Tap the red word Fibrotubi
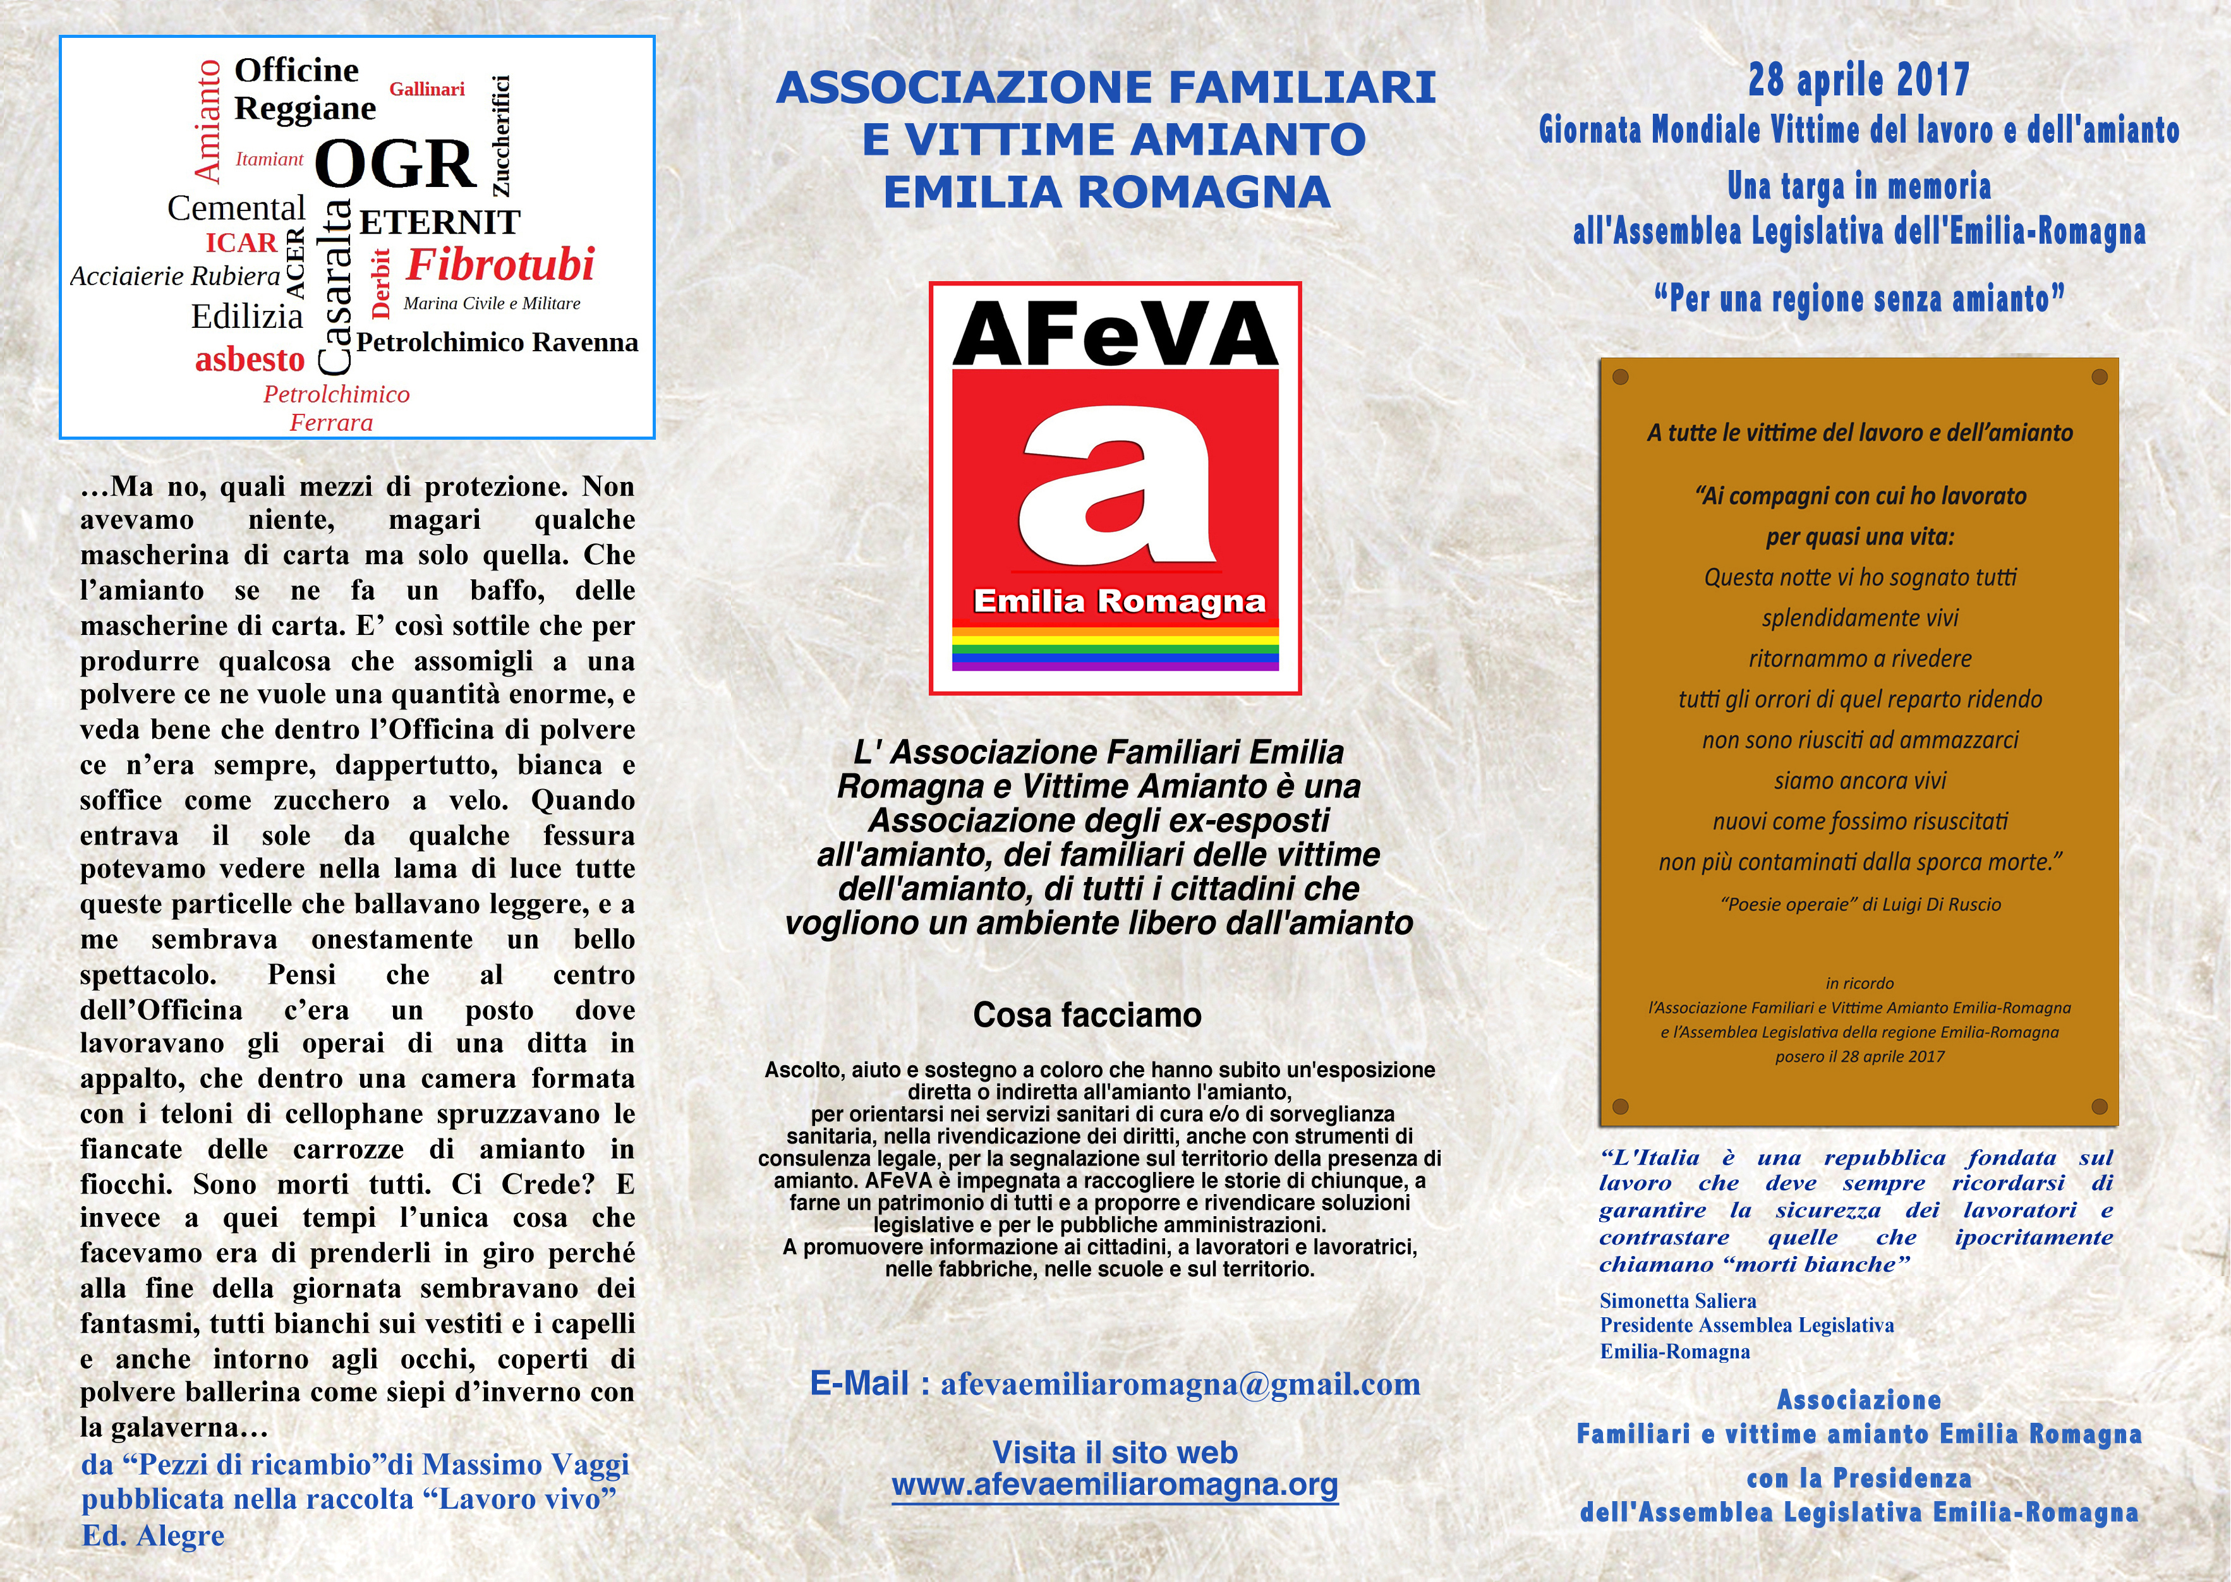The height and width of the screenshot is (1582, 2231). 500,265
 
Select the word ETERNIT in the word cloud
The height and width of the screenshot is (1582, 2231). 439,223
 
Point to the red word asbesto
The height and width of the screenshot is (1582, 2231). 250,359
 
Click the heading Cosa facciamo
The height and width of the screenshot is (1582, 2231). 1087,1015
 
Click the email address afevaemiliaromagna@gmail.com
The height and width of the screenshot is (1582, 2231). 1180,1384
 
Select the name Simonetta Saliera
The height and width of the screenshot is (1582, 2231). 1678,1300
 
